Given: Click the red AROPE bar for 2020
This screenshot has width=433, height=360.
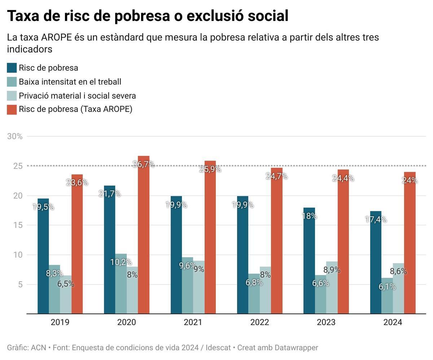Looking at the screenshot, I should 144,235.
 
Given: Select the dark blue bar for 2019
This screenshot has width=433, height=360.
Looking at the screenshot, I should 43,256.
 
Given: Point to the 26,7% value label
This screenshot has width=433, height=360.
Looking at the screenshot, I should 144,164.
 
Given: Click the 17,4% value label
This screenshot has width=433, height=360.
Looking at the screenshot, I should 376,220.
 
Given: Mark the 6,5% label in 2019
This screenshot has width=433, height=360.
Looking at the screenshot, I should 66,284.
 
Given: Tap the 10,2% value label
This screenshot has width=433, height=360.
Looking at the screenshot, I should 121,262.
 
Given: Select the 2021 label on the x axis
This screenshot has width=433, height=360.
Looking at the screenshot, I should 193,322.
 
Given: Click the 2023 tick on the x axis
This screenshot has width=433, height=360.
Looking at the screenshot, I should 326,322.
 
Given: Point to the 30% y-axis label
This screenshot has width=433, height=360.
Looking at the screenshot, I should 15,136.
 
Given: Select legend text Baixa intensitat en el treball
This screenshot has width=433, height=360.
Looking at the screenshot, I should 70,82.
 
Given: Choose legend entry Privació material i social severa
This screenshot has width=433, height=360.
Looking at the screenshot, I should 77,96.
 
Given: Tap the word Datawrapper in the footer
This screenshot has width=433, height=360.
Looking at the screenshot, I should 296,348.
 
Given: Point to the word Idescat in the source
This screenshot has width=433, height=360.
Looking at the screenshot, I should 218,348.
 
